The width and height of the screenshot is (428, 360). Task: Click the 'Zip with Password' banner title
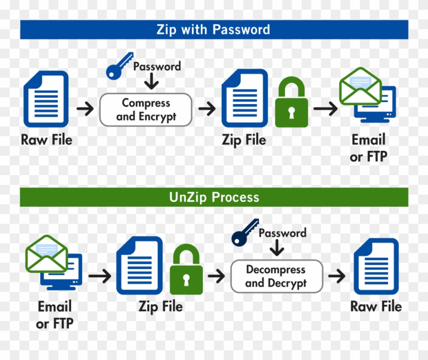coord(213,30)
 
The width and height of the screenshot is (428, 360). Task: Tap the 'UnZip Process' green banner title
coord(214,197)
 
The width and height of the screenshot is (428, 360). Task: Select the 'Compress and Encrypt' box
coord(146,109)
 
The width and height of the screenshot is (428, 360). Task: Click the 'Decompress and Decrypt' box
coord(276,276)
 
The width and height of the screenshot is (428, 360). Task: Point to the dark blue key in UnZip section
coord(245,233)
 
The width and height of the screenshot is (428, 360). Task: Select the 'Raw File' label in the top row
coord(47,140)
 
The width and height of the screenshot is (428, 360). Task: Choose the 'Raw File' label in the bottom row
coord(376,306)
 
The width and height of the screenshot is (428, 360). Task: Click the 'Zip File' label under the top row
coord(244,140)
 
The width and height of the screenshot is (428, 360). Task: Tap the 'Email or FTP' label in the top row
coord(368,148)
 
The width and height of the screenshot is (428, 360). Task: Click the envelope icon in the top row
coord(360,87)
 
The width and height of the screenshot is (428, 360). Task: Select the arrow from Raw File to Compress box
coord(85,108)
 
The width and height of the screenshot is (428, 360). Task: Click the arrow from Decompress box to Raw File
coord(337,276)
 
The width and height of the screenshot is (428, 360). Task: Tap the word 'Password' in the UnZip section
coord(283,233)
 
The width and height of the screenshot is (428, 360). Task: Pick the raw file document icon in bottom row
coord(376,267)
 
